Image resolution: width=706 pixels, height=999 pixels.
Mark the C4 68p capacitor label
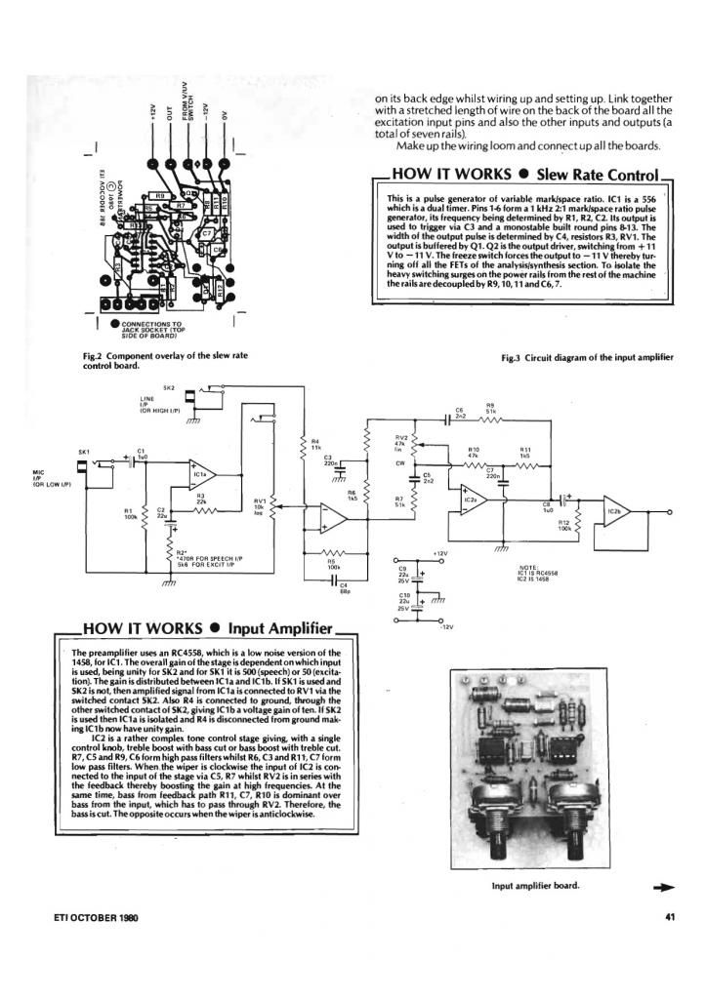point(344,586)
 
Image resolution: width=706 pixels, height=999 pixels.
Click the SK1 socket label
point(84,452)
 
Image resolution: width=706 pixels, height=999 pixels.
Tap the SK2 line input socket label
point(168,388)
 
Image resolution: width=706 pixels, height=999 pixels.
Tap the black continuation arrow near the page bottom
point(663,887)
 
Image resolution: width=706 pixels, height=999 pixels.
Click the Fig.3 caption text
point(587,358)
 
